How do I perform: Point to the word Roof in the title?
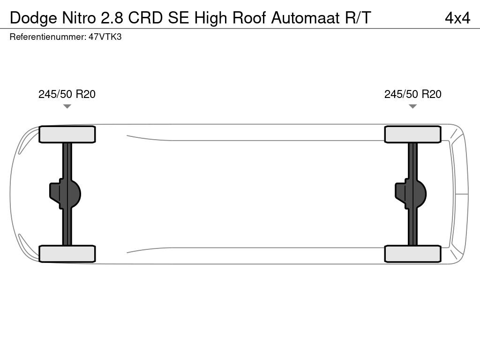coord(249,18)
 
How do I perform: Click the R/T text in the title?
coord(358,18)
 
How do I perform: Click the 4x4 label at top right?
coord(457,18)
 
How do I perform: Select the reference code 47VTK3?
coord(105,37)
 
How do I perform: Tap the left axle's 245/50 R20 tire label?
coord(67,94)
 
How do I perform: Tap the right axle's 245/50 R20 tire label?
coord(413,94)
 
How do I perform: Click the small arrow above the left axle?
coord(67,106)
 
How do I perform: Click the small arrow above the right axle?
coord(413,106)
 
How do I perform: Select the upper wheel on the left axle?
coord(67,135)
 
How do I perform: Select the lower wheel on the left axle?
coord(67,254)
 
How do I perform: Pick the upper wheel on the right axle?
coord(413,135)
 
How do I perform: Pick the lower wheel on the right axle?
coord(413,254)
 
